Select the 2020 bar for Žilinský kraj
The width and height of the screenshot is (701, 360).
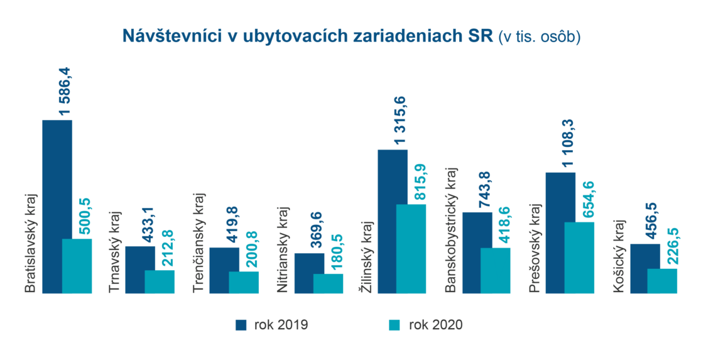411,249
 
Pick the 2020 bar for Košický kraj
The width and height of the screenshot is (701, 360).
662,281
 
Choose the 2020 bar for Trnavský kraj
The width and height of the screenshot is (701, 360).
160,281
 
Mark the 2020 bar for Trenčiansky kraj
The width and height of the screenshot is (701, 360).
244,282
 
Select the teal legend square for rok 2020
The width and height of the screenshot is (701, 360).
394,325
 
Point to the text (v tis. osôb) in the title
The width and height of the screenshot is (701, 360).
539,37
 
